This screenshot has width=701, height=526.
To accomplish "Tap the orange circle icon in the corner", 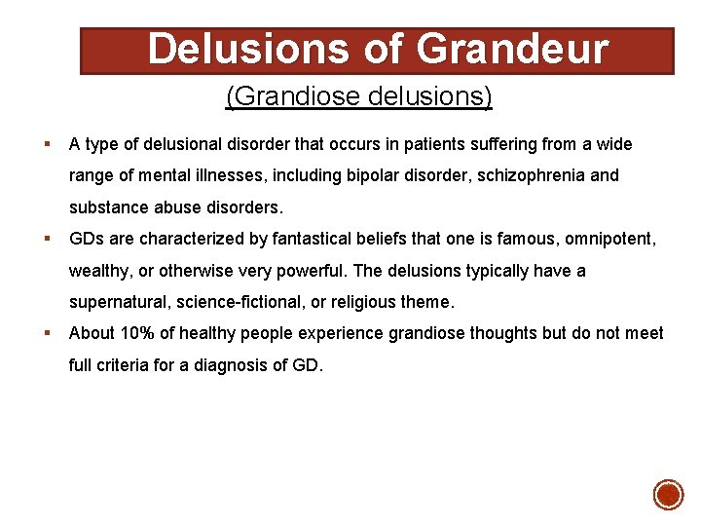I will click(x=668, y=495).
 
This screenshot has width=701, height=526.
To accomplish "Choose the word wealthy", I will click(x=100, y=271).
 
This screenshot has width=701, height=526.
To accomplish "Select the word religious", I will click(x=370, y=303).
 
